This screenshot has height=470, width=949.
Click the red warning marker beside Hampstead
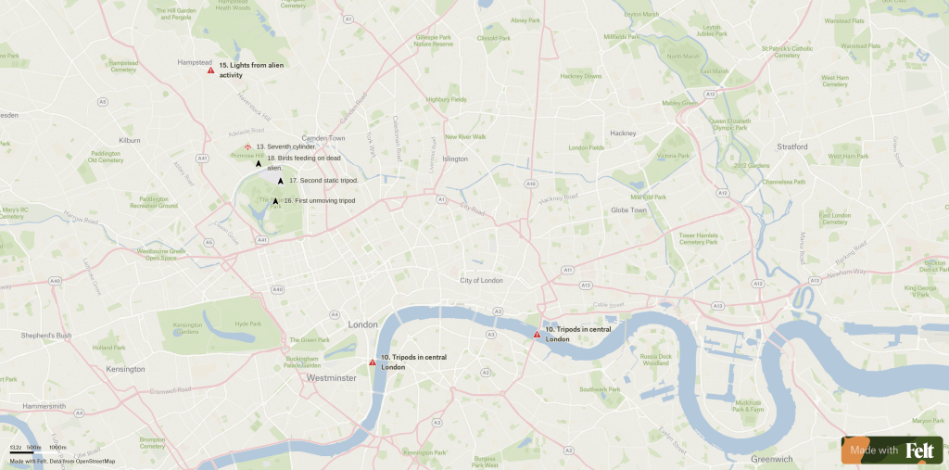click(x=211, y=70)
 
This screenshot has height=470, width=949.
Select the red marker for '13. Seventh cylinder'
click(x=247, y=147)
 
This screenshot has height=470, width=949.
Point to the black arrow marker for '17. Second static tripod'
click(x=281, y=181)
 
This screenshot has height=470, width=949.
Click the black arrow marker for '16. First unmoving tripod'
click(x=275, y=201)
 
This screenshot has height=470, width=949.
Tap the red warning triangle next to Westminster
click(x=373, y=362)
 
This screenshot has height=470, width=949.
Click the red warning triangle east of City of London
click(x=537, y=334)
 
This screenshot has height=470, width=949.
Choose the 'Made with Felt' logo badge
click(x=892, y=450)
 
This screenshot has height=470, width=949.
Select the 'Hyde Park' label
click(x=248, y=324)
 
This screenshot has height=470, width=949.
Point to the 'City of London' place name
click(x=481, y=280)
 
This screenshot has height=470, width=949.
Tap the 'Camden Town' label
click(x=323, y=138)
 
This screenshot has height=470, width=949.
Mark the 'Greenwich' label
click(x=771, y=459)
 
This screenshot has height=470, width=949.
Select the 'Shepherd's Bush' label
click(x=46, y=335)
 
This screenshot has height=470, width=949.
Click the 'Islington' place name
click(x=455, y=159)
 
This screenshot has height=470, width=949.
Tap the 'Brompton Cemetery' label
click(x=152, y=442)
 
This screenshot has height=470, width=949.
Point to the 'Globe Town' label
click(x=628, y=210)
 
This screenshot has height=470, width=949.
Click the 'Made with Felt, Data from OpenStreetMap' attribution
click(x=63, y=461)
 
